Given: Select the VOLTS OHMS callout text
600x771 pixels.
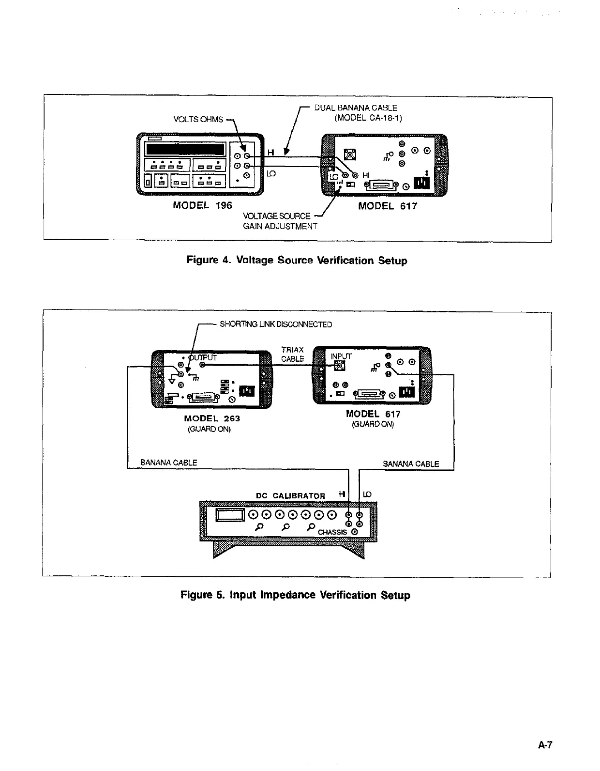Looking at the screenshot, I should (198, 119).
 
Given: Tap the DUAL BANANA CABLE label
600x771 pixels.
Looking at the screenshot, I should (356, 108).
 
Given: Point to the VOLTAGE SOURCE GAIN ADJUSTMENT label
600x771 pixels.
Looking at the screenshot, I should (280, 221).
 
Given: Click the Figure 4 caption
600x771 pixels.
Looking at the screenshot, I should (297, 261).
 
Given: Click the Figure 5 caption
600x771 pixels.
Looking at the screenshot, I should (295, 595).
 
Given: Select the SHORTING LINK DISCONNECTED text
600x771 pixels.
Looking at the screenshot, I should (276, 324).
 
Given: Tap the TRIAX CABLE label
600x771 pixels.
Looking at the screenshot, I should (293, 354).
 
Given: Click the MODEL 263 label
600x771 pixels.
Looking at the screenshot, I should (212, 418).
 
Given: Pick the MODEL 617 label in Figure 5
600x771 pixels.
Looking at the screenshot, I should (373, 414).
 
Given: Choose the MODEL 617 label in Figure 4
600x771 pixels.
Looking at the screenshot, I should (388, 206).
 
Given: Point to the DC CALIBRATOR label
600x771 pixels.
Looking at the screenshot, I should (290, 495).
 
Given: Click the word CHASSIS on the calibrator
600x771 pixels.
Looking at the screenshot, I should (332, 532).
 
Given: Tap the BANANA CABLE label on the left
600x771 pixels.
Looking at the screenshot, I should (168, 463).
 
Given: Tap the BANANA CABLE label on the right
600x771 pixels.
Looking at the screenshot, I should (411, 463).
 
